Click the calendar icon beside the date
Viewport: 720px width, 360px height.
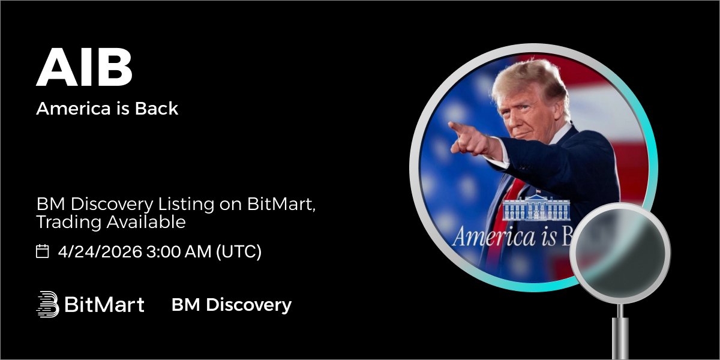point(43,251)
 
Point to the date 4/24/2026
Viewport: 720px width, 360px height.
point(100,251)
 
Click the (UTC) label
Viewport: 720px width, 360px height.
point(239,251)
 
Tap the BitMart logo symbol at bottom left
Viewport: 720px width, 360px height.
point(47,304)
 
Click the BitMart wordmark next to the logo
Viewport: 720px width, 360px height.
point(104,305)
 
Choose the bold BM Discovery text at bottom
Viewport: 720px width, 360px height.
point(231,305)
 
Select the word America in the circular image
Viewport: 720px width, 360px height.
point(493,236)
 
